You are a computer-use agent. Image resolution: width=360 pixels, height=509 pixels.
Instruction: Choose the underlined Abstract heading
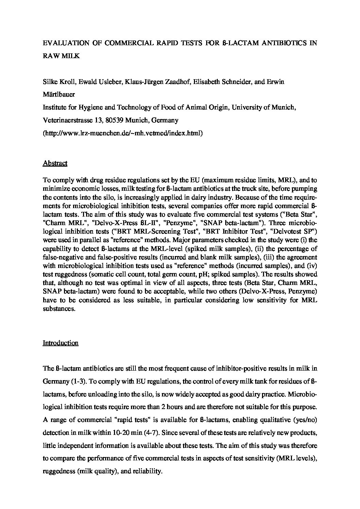[55, 163]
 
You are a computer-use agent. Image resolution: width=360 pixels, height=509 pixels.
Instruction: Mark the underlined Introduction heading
[60, 343]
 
